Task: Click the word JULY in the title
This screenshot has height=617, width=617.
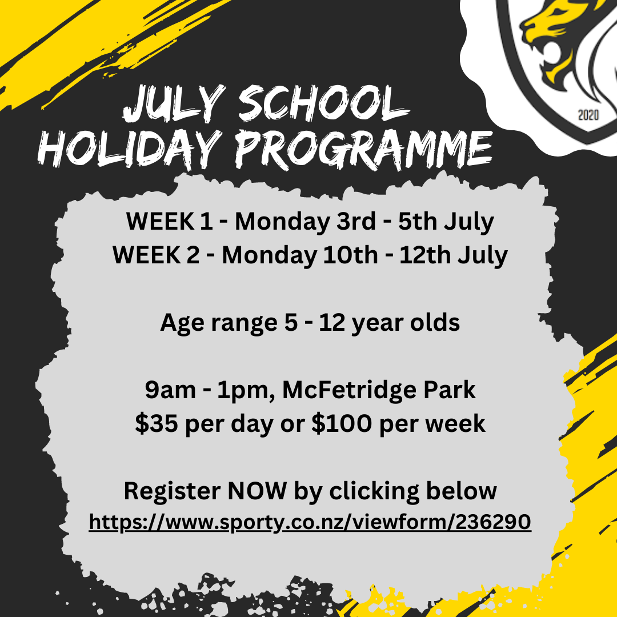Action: [x=174, y=103]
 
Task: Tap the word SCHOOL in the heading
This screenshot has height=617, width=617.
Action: [x=323, y=103]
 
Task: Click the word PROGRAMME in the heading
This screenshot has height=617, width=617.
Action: [x=363, y=150]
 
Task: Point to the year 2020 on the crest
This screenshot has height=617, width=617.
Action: [x=588, y=115]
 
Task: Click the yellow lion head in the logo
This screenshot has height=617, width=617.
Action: [x=559, y=39]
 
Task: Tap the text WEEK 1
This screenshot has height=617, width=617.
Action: [x=170, y=221]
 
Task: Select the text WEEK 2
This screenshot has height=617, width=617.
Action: [x=156, y=255]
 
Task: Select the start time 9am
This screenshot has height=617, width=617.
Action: [x=170, y=390]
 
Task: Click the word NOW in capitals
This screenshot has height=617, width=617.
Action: [x=257, y=491]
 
